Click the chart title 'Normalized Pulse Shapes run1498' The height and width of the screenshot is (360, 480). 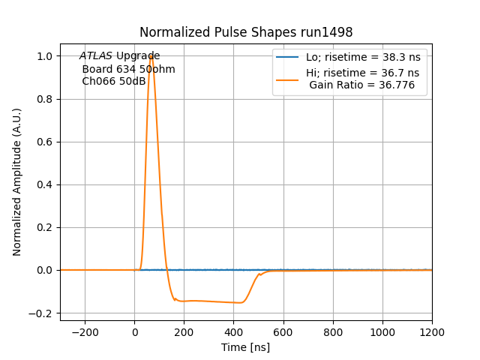[x=246, y=32]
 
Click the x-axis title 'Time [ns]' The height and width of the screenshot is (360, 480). [x=245, y=347]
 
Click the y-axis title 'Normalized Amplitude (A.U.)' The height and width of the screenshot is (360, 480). [x=17, y=182]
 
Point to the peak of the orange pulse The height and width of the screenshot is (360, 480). [x=151, y=55]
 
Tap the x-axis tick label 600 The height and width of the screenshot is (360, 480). [x=283, y=331]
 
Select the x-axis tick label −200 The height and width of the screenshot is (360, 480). [x=85, y=331]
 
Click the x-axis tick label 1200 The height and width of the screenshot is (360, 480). [x=432, y=331]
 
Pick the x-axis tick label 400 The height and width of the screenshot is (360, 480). [x=234, y=331]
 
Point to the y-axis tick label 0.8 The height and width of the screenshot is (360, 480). [x=46, y=99]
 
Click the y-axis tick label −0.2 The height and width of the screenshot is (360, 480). [x=43, y=313]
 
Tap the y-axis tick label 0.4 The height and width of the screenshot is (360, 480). [x=46, y=184]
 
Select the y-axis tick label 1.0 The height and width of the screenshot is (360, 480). [x=46, y=56]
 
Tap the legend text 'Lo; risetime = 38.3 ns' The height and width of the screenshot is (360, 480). [x=362, y=58]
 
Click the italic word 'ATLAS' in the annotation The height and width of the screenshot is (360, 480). [x=97, y=56]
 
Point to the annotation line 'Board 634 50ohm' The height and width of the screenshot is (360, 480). [x=128, y=69]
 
